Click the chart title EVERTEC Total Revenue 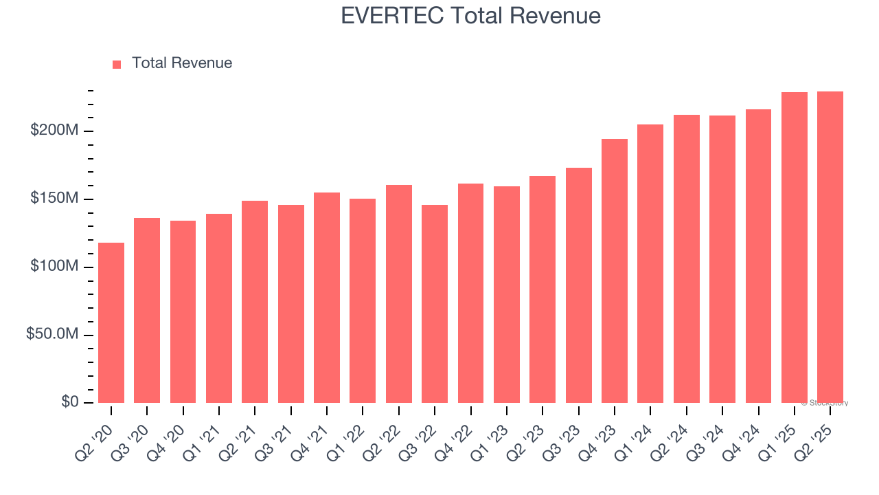470,16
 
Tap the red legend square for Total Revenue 117,64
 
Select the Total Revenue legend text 182,63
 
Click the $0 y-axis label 69,401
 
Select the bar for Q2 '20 111,323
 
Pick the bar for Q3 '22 435,304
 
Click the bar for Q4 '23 615,271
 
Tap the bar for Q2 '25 830,247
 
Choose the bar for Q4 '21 327,298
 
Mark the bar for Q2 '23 543,289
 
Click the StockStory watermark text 825,403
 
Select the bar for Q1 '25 795,247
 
